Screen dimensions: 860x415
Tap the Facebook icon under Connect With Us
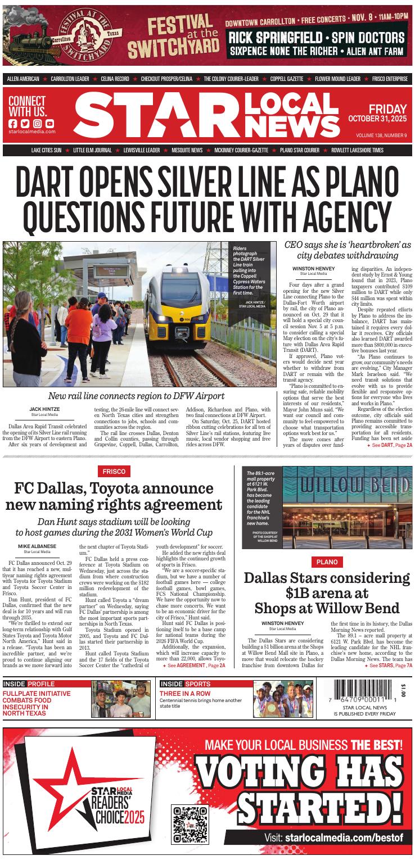tap(13, 124)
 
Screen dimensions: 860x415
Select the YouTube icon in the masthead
tap(50, 124)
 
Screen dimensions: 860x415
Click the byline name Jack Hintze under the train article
tap(45, 409)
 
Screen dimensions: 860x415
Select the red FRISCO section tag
tap(114, 471)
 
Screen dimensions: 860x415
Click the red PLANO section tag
tap(327, 562)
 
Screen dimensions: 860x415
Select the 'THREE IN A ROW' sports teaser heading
tap(185, 694)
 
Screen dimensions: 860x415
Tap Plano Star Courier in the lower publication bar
tap(300, 151)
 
